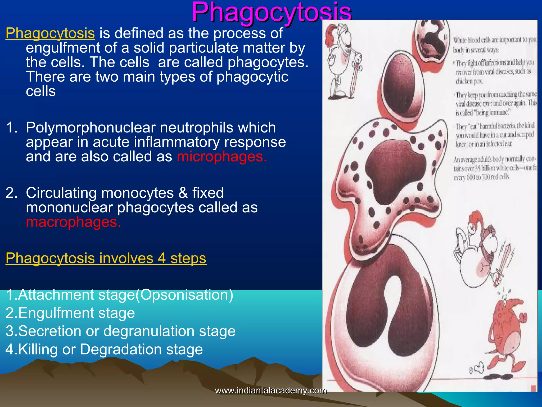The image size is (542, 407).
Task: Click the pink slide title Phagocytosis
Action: [272, 12]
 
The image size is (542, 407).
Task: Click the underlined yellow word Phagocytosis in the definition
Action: [50, 33]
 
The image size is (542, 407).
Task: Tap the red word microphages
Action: [222, 157]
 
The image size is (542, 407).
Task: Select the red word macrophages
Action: [74, 222]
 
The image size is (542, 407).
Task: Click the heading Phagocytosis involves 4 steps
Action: [106, 258]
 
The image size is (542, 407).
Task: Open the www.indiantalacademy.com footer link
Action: [270, 390]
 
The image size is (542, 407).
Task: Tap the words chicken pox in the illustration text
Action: [469, 81]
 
